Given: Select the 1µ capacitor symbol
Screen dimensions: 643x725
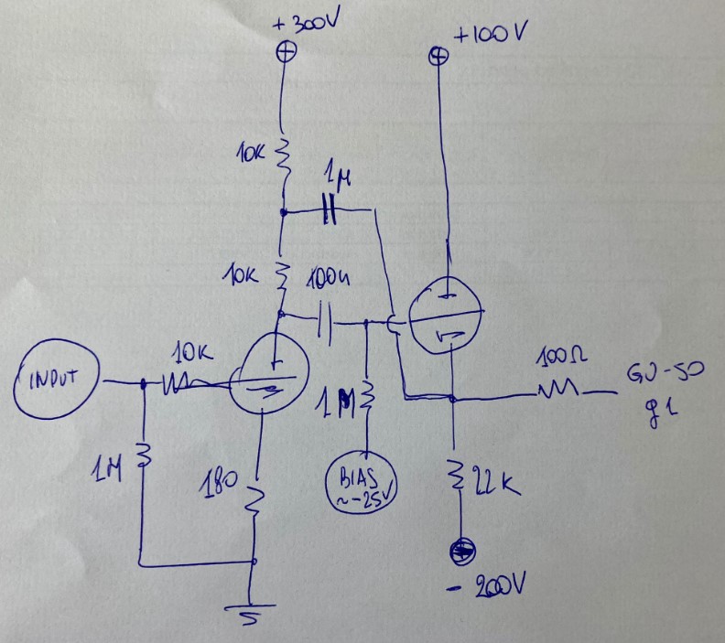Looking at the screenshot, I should (x=330, y=212).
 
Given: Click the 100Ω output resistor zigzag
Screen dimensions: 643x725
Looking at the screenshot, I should (x=561, y=393).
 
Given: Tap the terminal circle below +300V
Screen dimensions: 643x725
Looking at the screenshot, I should (x=287, y=52).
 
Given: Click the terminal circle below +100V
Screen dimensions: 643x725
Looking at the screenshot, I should (x=439, y=57).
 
